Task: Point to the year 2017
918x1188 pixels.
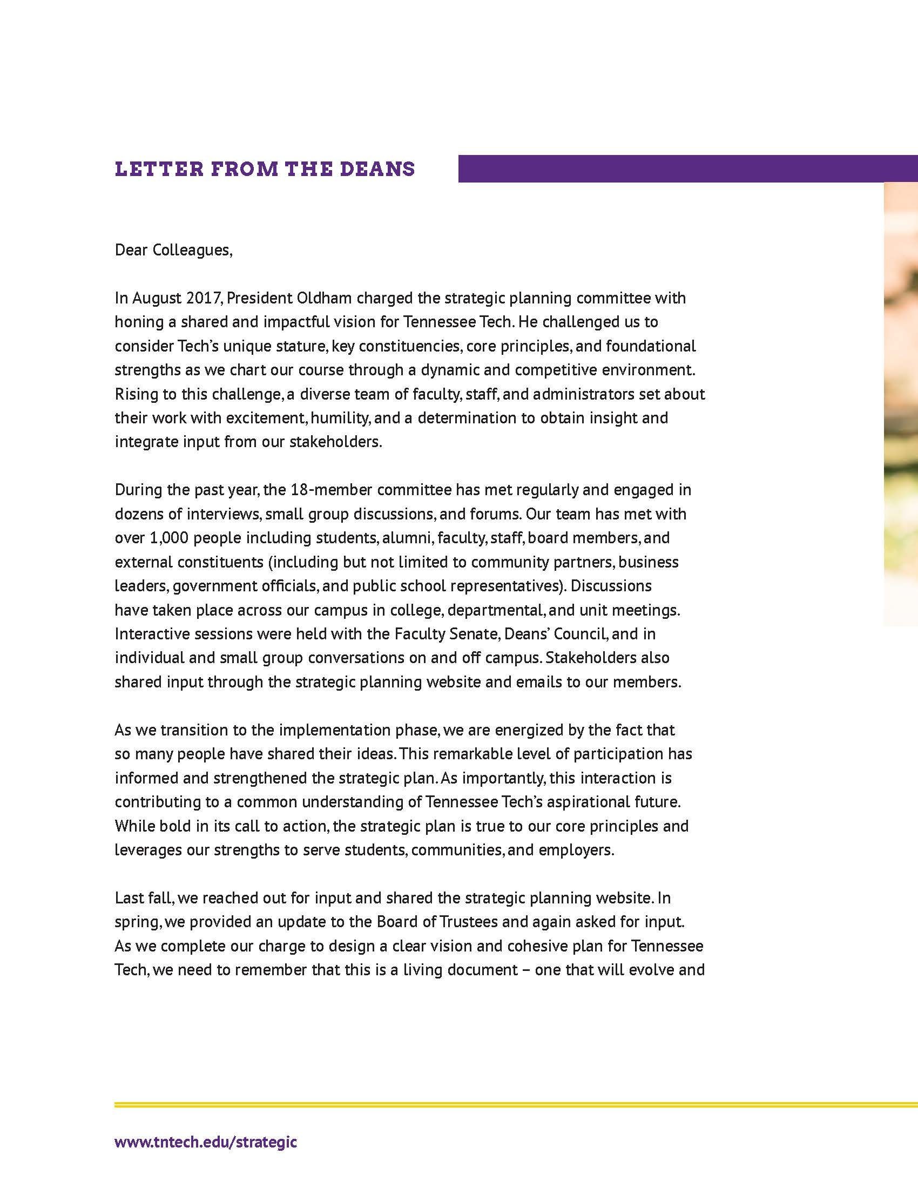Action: pyautogui.click(x=203, y=298)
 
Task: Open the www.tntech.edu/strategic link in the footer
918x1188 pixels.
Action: pyautogui.click(x=206, y=1141)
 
